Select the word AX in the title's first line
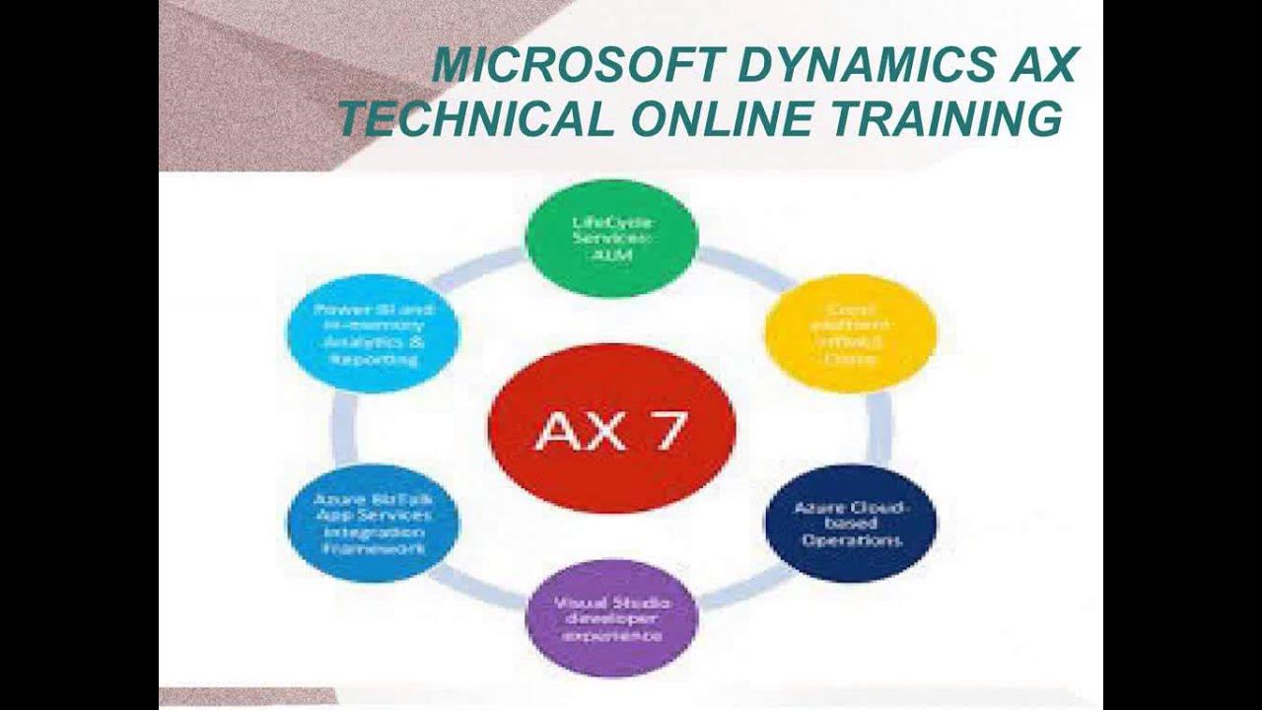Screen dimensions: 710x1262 click(1042, 66)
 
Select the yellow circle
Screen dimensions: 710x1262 click(850, 333)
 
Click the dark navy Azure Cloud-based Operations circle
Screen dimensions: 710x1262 click(850, 524)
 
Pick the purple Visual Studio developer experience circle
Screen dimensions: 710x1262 click(611, 618)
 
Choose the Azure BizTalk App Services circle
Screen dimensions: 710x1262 click(373, 522)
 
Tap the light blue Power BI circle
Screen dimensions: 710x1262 click(373, 333)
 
